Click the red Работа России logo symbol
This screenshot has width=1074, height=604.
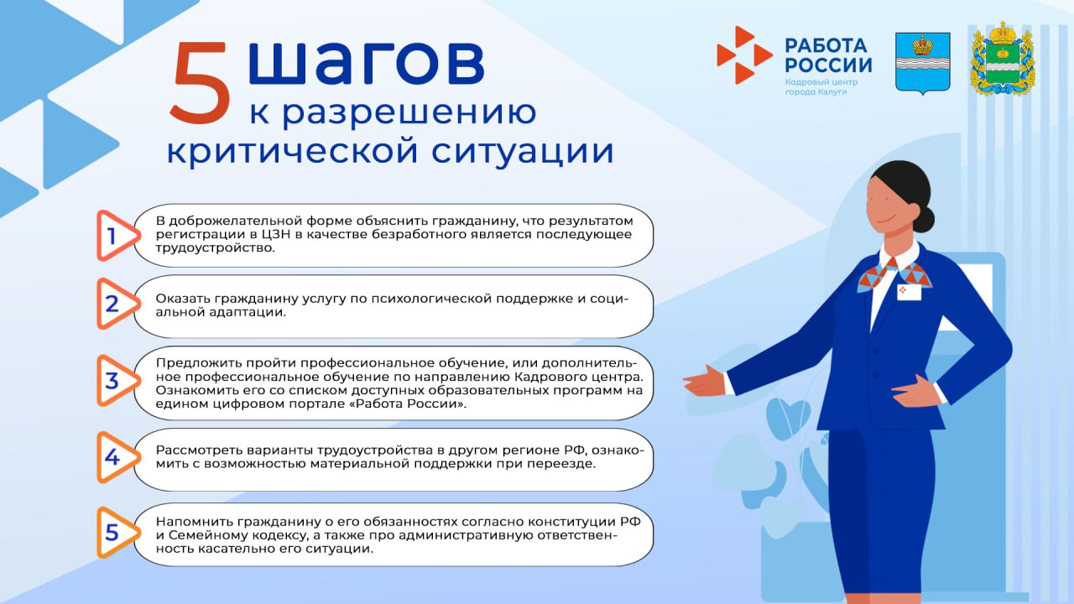742,55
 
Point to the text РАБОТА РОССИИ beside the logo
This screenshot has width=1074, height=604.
827,55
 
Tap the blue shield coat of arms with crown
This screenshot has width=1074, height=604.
922,62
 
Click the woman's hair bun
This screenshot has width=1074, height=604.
923,219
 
